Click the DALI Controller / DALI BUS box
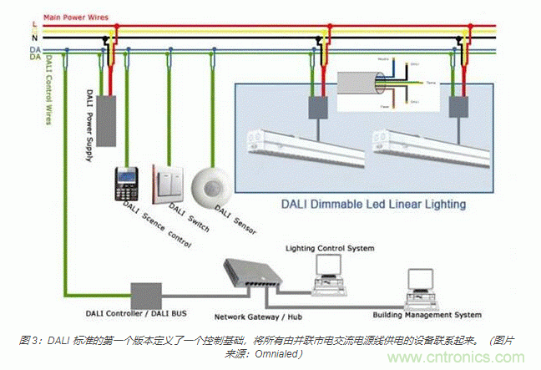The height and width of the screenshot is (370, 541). (145, 295)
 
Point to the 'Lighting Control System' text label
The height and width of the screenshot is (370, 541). (330, 248)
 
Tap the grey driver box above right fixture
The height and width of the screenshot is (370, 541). (458, 107)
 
